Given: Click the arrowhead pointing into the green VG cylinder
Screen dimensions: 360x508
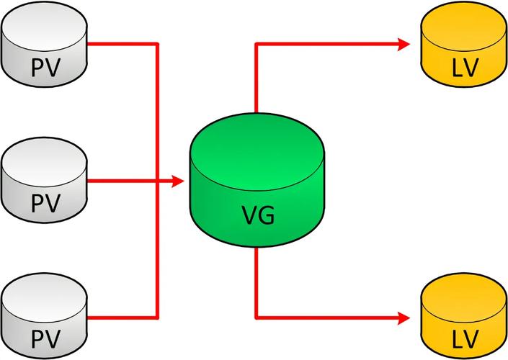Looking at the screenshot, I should pos(179,181).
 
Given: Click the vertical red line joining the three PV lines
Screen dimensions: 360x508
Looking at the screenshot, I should pos(157,108).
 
